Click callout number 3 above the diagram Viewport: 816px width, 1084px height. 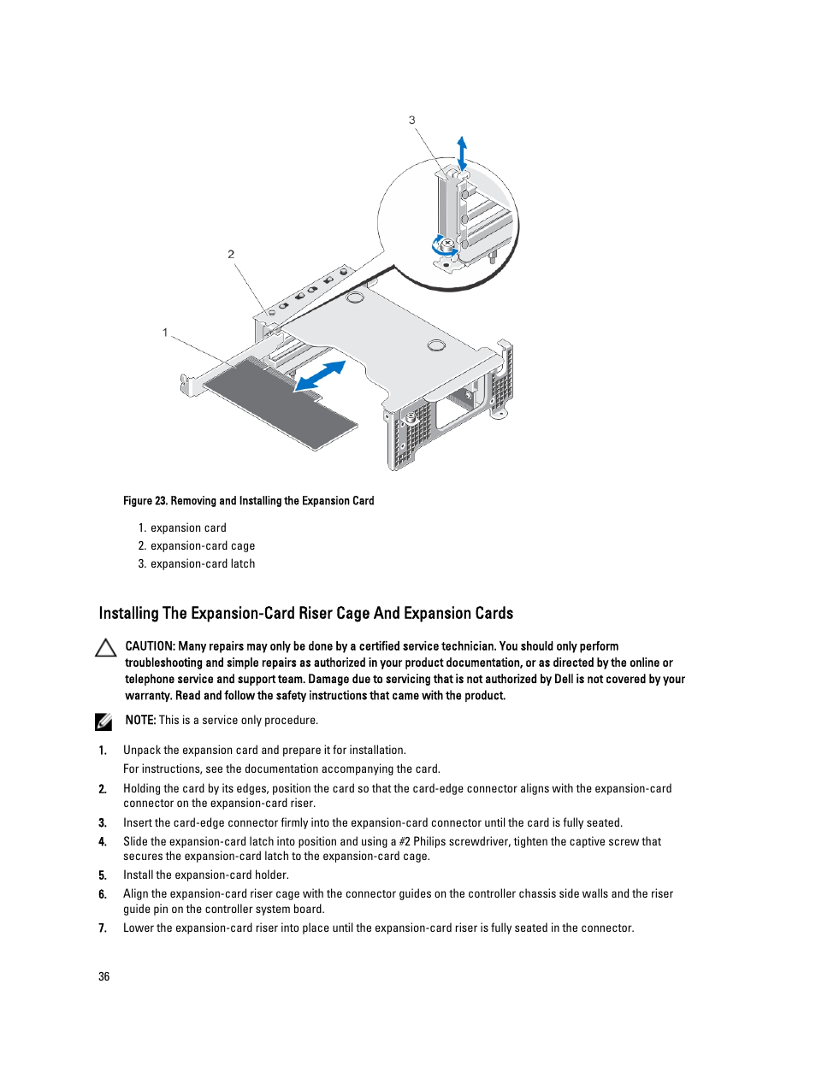(x=411, y=121)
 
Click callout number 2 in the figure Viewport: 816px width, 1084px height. (x=231, y=254)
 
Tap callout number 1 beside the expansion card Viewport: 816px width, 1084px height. (x=165, y=333)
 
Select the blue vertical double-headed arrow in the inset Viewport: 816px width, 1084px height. (x=462, y=154)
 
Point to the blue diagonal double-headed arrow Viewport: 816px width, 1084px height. (x=320, y=376)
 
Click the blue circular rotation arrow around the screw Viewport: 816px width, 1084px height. (x=443, y=247)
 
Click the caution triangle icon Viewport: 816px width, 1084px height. (x=106, y=648)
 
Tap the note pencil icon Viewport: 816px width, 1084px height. (x=104, y=722)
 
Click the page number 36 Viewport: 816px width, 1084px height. (x=104, y=976)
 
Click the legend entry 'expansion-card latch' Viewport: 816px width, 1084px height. (x=203, y=564)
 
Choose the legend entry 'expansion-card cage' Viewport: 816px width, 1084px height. (x=203, y=546)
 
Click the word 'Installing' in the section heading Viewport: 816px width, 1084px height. (x=128, y=613)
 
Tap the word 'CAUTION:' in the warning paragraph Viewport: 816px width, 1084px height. (x=150, y=646)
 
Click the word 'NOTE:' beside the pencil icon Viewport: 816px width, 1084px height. (x=140, y=720)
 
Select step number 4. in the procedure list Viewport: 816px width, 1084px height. (x=103, y=842)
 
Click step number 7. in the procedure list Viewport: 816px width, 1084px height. (x=103, y=928)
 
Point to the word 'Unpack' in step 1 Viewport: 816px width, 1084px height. (x=142, y=751)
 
